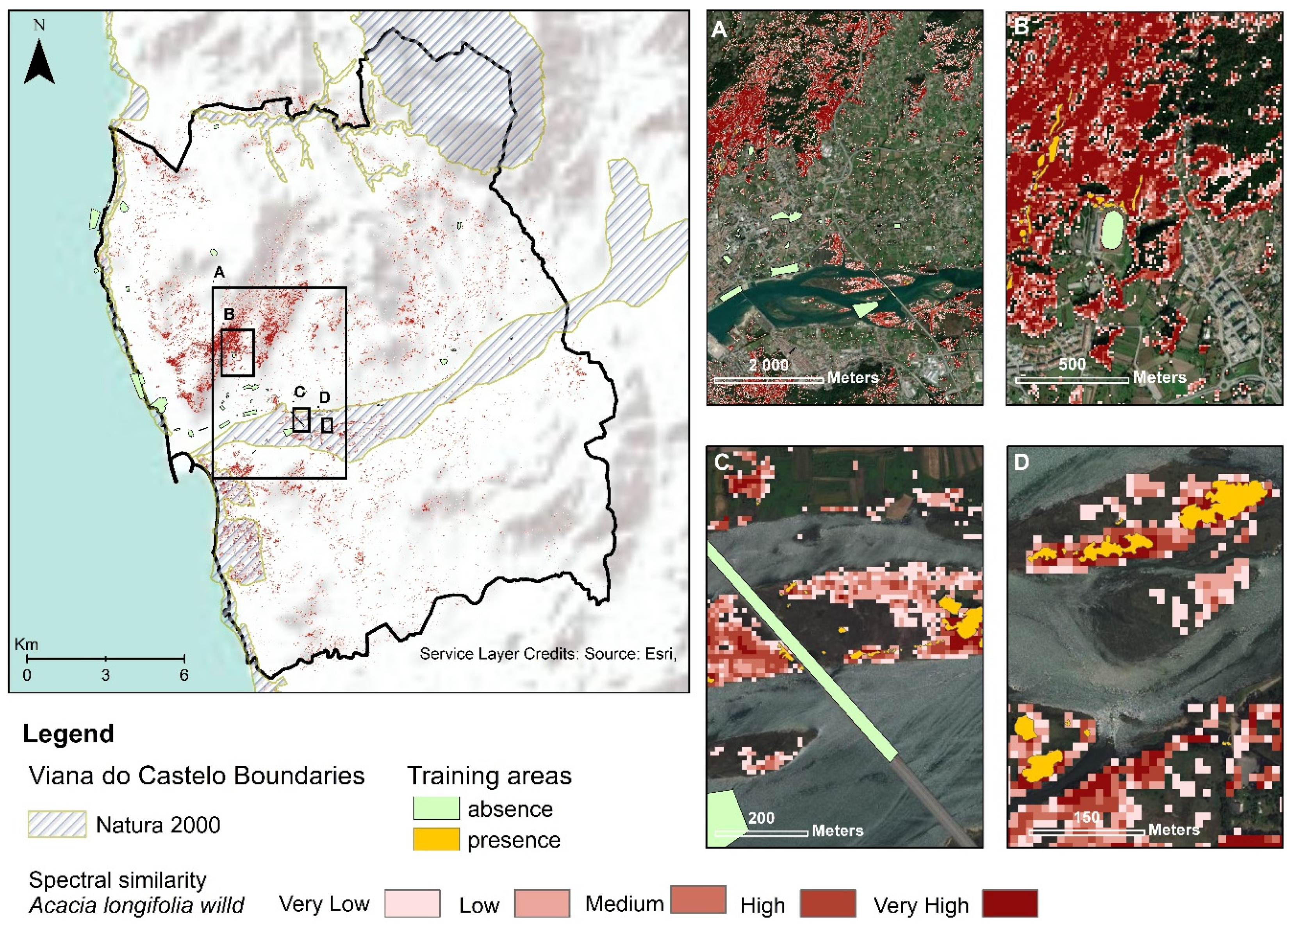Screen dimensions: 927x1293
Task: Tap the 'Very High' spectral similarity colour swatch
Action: point(1009,903)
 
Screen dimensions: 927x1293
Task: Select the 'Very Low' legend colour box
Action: point(412,903)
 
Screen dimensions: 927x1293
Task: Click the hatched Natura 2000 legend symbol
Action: point(57,824)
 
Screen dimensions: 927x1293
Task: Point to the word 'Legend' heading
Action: point(68,734)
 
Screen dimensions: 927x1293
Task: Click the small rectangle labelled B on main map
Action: point(237,353)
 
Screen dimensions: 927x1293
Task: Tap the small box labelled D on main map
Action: point(327,425)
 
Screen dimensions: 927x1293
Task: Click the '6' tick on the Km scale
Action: point(184,675)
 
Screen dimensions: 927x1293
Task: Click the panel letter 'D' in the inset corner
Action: point(1021,462)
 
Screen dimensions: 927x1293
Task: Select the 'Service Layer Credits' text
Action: point(547,653)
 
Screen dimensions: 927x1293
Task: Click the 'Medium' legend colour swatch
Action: point(698,900)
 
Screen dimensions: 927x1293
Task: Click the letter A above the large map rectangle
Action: point(219,273)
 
